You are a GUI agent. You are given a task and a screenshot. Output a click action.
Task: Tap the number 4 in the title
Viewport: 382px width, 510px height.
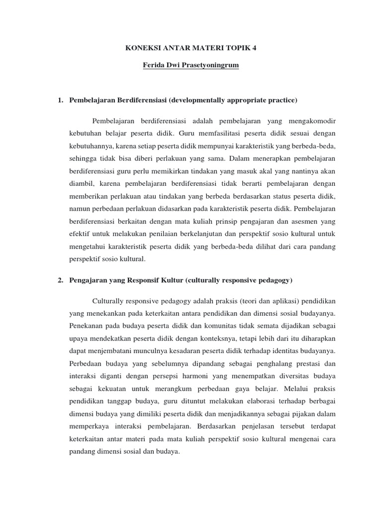pyautogui.click(x=256, y=48)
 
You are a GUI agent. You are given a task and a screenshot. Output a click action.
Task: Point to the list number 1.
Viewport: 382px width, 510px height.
pyautogui.click(x=60, y=101)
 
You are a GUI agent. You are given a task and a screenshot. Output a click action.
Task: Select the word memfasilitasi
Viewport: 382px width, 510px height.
pyautogui.click(x=203, y=133)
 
